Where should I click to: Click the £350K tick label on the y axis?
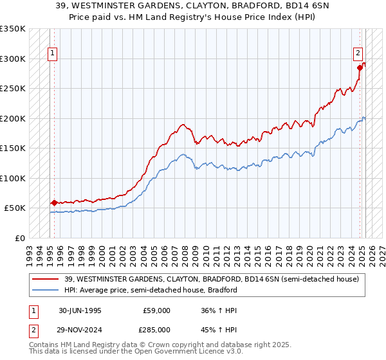coord(13,29)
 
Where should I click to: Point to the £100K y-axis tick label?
coord(13,178)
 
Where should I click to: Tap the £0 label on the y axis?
coord(19,238)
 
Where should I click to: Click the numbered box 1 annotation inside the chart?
coord(52,55)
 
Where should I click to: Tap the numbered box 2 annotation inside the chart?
coord(358,55)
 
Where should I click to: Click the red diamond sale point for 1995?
coord(54,203)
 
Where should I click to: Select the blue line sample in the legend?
coord(46,290)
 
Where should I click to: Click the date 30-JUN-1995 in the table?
coord(80,310)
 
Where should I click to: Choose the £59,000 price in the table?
coord(157,310)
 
